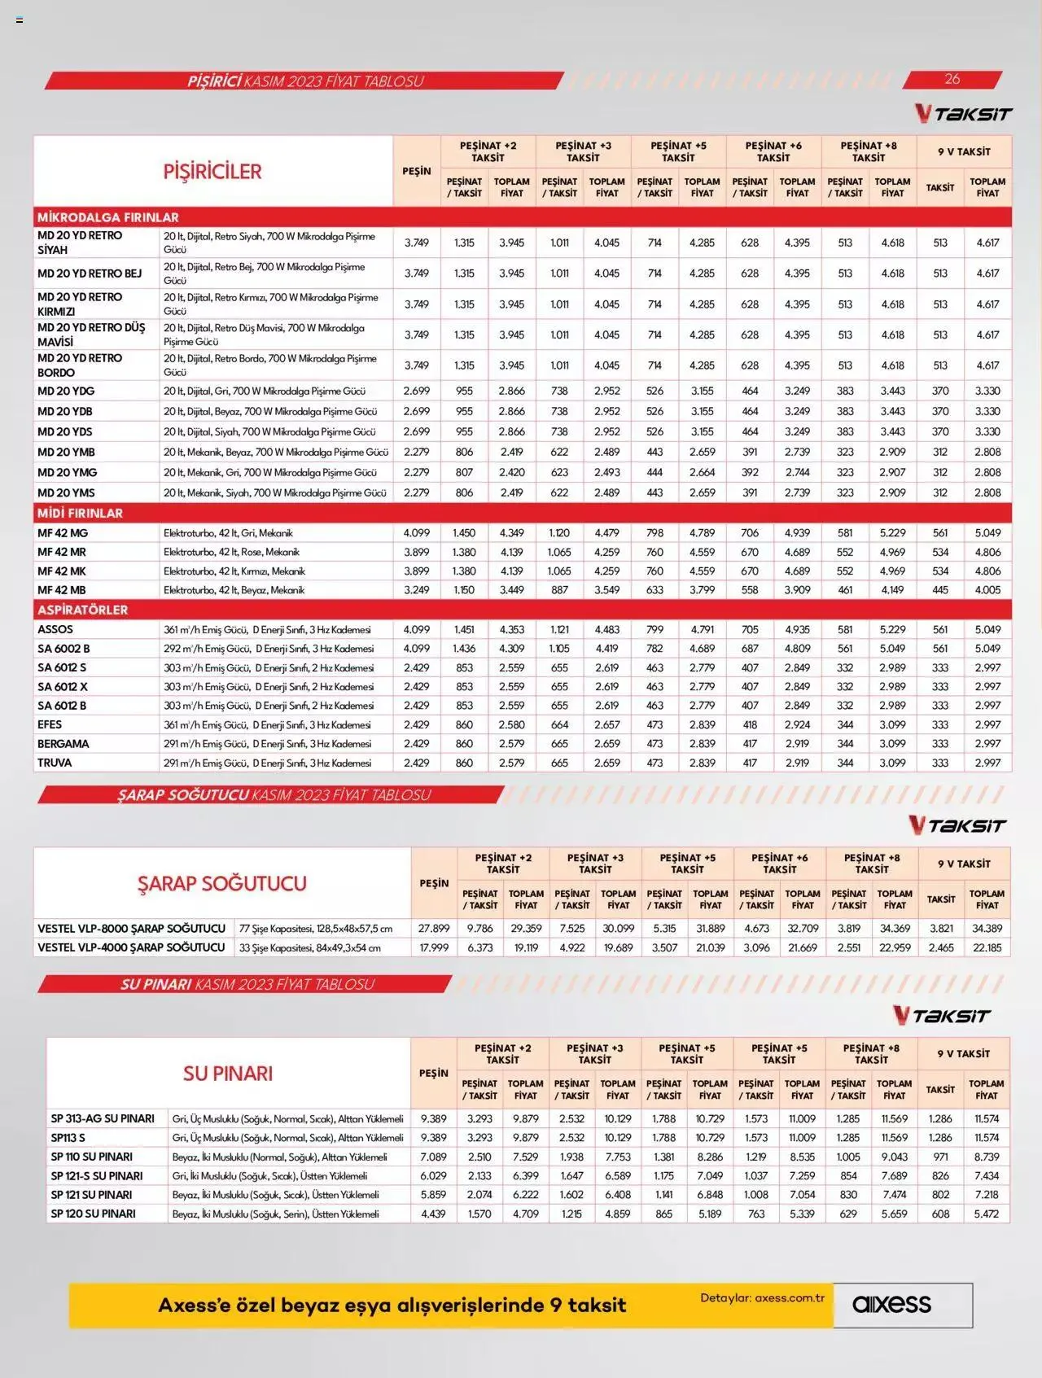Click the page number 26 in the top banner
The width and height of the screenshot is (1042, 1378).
tap(952, 79)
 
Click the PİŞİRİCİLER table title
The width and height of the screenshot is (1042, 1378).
tap(212, 172)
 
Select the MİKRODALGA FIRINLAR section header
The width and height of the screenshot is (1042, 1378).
tap(108, 217)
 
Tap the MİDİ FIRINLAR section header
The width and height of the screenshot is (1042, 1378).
tap(80, 513)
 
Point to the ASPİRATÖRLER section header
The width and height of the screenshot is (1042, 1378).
tap(82, 610)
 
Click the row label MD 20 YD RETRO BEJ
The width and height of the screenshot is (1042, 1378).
tap(90, 273)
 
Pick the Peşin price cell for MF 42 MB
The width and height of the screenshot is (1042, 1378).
tap(416, 590)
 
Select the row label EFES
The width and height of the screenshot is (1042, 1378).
tap(50, 724)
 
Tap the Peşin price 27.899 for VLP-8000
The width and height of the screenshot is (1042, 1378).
tap(434, 928)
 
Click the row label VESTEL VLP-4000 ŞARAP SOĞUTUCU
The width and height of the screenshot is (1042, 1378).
tap(131, 947)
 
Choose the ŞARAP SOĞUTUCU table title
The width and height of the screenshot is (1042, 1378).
tap(221, 883)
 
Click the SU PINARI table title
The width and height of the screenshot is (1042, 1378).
tap(228, 1074)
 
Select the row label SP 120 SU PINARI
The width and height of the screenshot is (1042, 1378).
tap(93, 1214)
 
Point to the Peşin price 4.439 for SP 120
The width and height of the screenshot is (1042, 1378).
tap(433, 1214)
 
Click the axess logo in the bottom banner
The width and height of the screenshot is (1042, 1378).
tap(891, 1305)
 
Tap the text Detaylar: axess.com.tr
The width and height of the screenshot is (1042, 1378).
tap(762, 1298)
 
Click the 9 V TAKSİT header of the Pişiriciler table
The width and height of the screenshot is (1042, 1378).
tap(964, 151)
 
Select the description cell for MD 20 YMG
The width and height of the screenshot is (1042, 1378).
tap(270, 472)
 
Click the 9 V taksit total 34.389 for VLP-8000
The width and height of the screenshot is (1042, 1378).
tap(987, 928)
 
